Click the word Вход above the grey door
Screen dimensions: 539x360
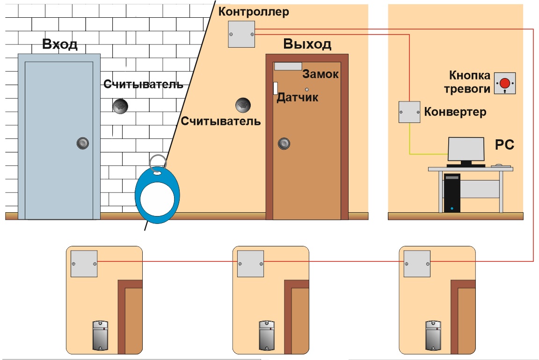[60, 44]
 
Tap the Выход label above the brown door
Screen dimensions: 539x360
[307, 44]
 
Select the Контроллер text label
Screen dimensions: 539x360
[254, 12]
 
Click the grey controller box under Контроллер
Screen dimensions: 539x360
[241, 34]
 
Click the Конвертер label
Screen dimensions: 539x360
[455, 112]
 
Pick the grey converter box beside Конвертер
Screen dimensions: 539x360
[409, 112]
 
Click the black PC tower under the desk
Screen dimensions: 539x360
[452, 193]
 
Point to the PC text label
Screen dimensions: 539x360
[504, 144]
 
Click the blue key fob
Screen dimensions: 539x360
[157, 192]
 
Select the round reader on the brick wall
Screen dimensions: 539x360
[120, 106]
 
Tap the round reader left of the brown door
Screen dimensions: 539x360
[243, 105]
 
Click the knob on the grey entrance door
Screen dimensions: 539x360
[83, 143]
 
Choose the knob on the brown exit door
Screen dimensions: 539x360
[284, 144]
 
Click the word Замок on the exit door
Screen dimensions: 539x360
[320, 74]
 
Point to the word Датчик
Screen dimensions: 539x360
[298, 97]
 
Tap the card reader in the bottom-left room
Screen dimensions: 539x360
[101, 336]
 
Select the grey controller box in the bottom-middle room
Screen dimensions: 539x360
[251, 264]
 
